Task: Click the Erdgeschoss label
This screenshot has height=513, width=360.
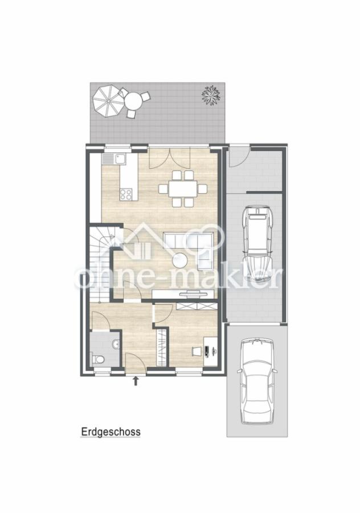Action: point(111,431)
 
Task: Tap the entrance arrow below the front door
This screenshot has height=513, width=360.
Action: point(136,381)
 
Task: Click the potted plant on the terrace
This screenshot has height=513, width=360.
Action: point(211,95)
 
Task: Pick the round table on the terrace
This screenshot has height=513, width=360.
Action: point(133,101)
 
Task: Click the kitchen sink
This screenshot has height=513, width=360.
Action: point(114,159)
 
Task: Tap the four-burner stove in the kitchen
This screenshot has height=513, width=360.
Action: point(126,194)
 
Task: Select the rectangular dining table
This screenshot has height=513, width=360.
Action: point(183,189)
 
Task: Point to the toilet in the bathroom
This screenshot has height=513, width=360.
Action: point(98,360)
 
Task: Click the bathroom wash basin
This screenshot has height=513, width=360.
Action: point(116,344)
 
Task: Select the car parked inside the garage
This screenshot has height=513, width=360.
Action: point(257,244)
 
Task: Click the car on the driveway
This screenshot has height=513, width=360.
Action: point(257,381)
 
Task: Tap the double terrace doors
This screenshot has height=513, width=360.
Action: point(170,158)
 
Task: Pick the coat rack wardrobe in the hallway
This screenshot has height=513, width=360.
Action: point(161,347)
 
